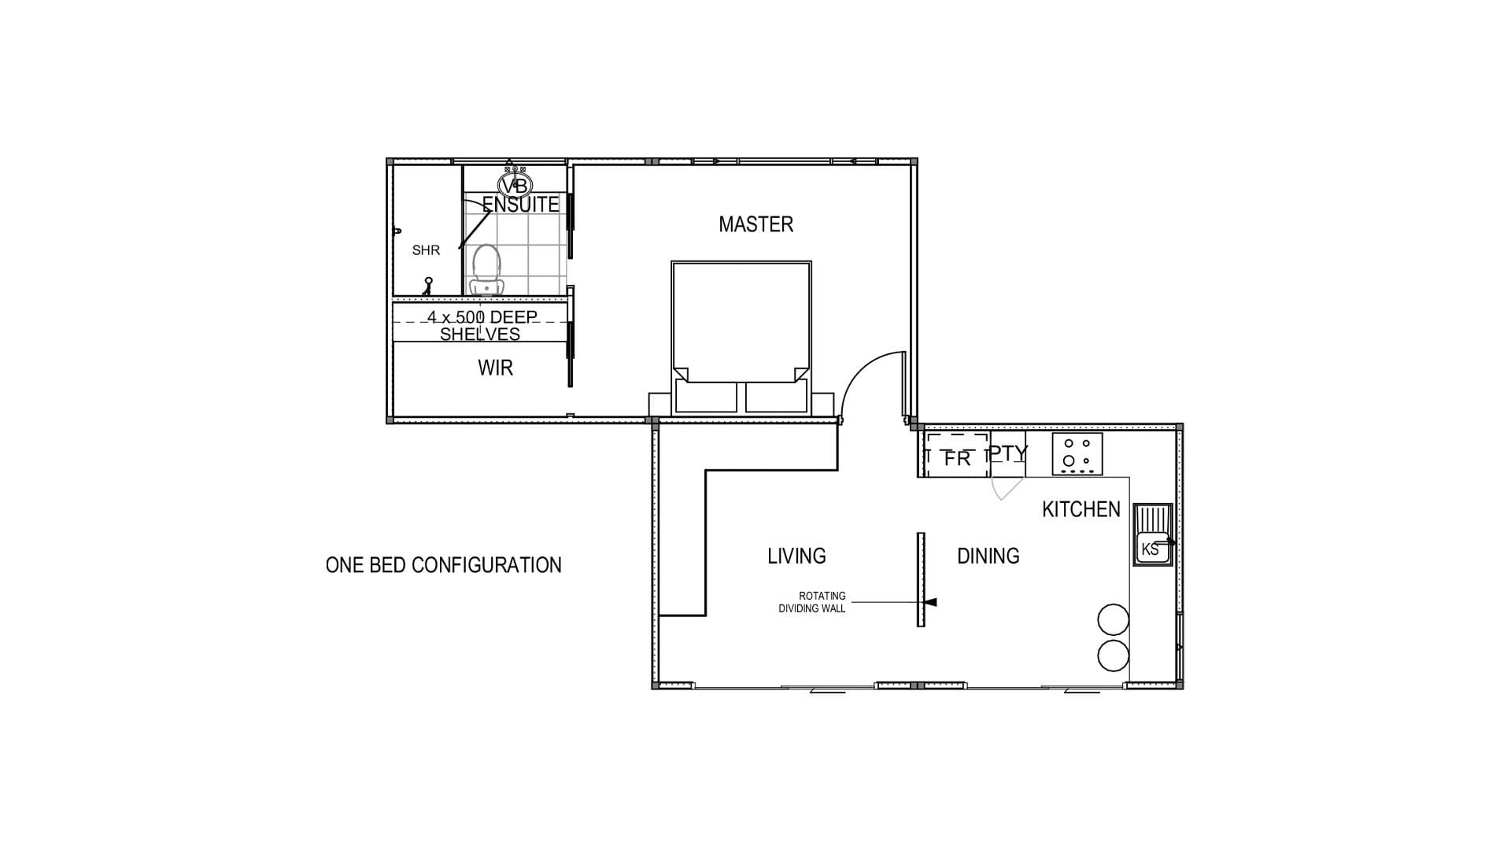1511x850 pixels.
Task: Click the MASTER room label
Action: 755,224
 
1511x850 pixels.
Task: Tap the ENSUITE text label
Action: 520,204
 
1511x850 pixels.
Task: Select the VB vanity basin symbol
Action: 515,186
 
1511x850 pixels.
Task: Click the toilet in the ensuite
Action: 485,269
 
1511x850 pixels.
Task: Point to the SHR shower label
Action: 426,250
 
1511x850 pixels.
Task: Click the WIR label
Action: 495,368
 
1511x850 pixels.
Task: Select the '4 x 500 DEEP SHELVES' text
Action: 481,325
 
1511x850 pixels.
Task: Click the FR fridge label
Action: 957,458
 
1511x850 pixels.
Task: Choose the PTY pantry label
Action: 1009,453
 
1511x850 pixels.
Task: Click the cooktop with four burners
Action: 1077,454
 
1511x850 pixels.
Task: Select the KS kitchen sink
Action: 1152,535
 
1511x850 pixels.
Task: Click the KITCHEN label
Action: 1081,509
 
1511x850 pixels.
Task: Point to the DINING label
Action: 988,556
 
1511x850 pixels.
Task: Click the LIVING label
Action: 796,556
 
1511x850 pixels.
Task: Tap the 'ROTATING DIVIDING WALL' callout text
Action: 811,602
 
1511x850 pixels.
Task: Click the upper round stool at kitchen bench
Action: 1113,619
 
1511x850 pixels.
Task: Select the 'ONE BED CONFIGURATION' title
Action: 444,565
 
